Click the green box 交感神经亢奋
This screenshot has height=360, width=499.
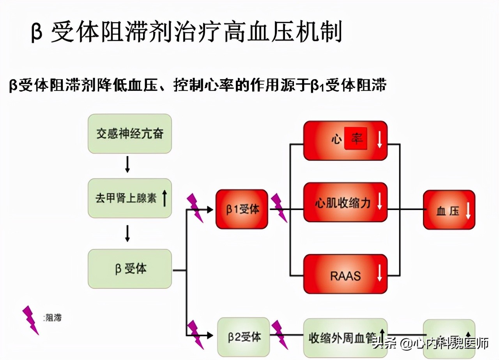(x=129, y=134)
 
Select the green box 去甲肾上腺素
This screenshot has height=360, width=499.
(x=129, y=198)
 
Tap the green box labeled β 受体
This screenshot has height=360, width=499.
(x=129, y=269)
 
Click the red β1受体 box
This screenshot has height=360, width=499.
(x=242, y=209)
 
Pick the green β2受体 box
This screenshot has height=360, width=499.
(x=243, y=337)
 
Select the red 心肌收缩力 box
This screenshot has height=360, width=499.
(x=345, y=202)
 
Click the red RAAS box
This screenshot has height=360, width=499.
(x=345, y=274)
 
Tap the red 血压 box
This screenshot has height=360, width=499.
(x=449, y=210)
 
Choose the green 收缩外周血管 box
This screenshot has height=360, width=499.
(x=345, y=337)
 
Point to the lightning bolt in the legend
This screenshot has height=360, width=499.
(x=30, y=320)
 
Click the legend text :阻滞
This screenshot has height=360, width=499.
(x=53, y=318)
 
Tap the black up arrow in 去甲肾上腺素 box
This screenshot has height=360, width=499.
(x=164, y=198)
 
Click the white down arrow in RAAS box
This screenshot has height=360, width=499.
(x=379, y=272)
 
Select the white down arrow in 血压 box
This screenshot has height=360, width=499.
(x=468, y=211)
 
